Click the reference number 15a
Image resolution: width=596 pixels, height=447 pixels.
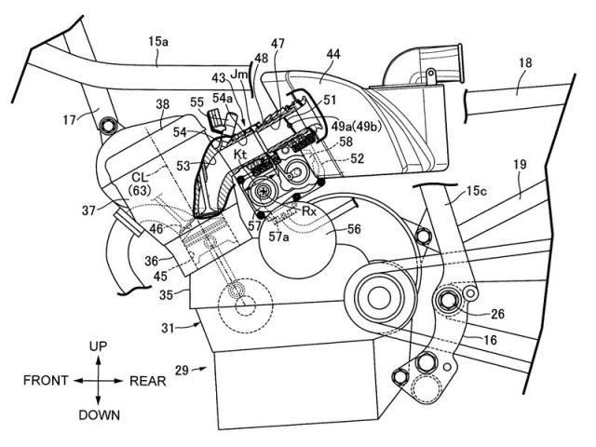(x=159, y=40)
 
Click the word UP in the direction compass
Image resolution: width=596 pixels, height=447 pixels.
(x=99, y=346)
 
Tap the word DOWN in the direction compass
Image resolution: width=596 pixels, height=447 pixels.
(x=99, y=414)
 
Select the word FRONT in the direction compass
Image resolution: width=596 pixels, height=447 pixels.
(x=45, y=381)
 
